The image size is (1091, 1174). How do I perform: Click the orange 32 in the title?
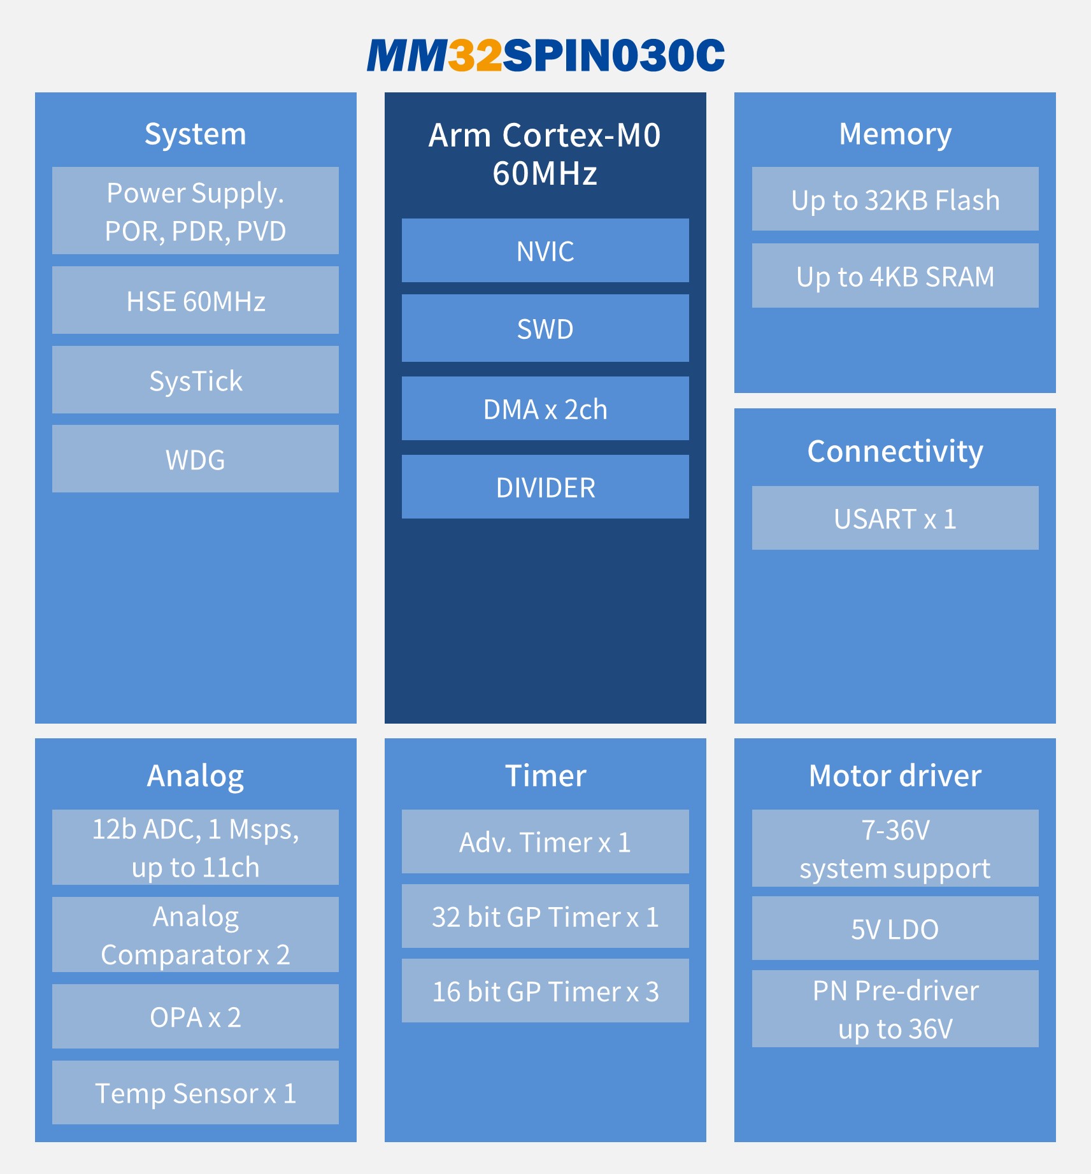point(475,56)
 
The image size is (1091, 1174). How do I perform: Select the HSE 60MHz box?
point(196,301)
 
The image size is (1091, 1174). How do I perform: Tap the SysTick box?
point(196,380)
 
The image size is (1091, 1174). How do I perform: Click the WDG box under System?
point(196,459)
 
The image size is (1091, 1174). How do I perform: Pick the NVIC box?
point(545,251)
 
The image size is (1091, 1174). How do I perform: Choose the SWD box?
point(545,329)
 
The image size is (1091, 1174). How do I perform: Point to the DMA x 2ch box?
point(545,409)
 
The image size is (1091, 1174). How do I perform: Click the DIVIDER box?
point(545,487)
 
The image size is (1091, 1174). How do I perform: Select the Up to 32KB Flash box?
point(895,199)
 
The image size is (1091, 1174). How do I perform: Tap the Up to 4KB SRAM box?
point(895,276)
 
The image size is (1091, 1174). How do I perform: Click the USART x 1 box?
point(895,519)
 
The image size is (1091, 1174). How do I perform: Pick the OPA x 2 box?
point(196,1017)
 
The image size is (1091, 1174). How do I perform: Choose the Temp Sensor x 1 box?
point(196,1093)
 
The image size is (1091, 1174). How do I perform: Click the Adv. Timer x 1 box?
point(545,842)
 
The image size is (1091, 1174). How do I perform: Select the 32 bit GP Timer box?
point(545,917)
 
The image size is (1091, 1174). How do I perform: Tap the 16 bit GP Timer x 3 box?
point(545,991)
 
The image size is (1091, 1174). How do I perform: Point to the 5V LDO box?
point(895,929)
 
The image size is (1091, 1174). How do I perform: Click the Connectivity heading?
point(895,451)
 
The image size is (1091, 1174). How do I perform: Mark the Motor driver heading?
point(895,775)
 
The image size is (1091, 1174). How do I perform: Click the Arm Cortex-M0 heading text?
point(545,136)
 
